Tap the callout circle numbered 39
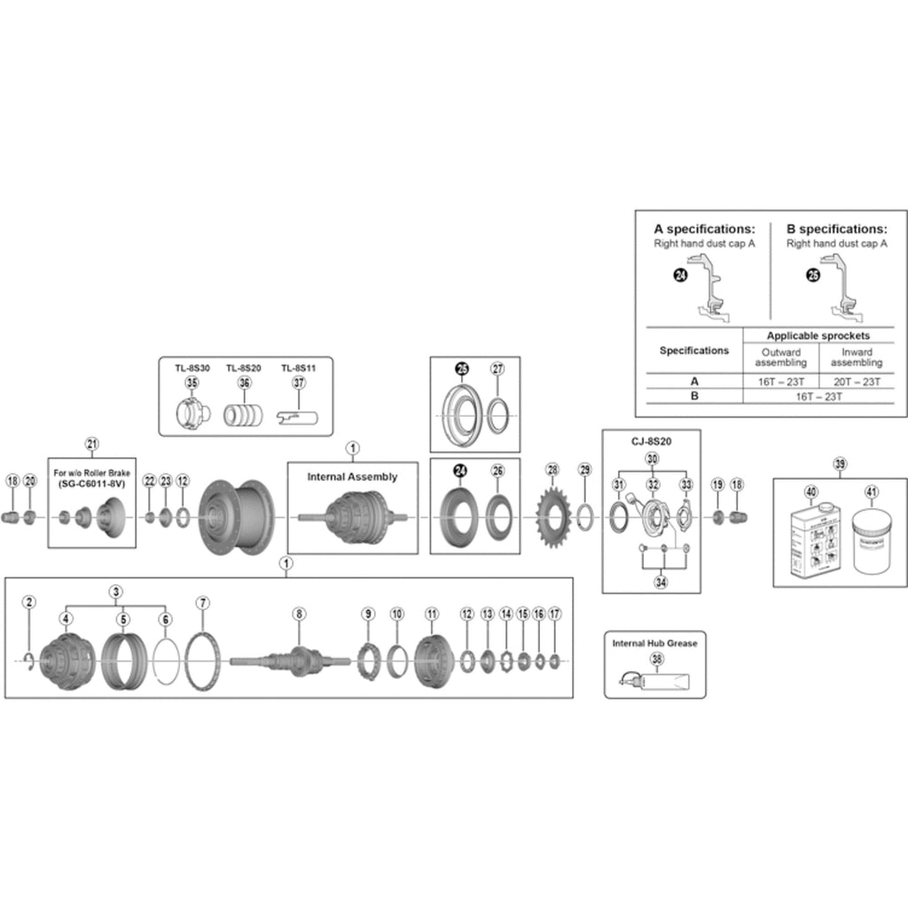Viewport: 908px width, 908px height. pyautogui.click(x=840, y=464)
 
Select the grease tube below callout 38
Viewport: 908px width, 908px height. pyautogui.click(x=656, y=682)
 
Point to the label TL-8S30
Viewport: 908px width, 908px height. pyautogui.click(x=191, y=368)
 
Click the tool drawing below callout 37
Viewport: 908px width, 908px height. pyautogui.click(x=298, y=413)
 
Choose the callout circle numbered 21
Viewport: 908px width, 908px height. pyautogui.click(x=91, y=442)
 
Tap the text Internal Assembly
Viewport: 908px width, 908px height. pyautogui.click(x=352, y=476)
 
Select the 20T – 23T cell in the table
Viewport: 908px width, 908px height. pyautogui.click(x=857, y=381)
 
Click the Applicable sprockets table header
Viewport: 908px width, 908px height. pyautogui.click(x=818, y=336)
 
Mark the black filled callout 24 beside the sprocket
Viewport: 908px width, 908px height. pyautogui.click(x=460, y=472)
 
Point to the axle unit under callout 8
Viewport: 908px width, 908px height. pyautogui.click(x=299, y=661)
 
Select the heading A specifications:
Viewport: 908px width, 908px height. pyautogui.click(x=704, y=228)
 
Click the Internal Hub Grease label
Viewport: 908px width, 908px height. pyautogui.click(x=654, y=643)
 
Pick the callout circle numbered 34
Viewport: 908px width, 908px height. pyautogui.click(x=660, y=583)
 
